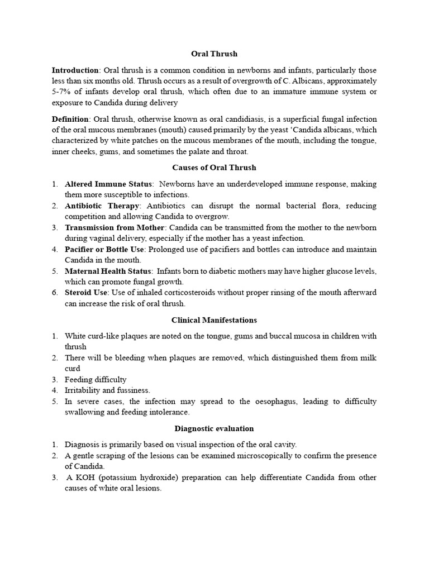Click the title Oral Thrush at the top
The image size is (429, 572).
coord(214,54)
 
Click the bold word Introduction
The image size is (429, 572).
coord(75,71)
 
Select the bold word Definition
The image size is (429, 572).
coord(70,120)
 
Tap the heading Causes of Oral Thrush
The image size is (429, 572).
coord(214,168)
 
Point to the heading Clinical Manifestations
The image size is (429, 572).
coord(214,320)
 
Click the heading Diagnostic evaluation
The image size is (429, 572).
coord(214,428)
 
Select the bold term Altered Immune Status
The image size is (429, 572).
coord(108,184)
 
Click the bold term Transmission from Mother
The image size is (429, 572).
coord(115,228)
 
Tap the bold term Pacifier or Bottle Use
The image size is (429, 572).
coord(104,250)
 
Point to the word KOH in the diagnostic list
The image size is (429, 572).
coord(84,478)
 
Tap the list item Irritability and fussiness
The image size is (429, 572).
coord(107,390)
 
